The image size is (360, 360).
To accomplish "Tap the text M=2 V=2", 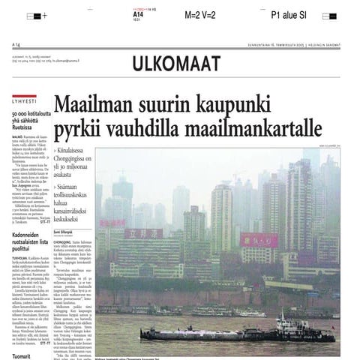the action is pos(200,15).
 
